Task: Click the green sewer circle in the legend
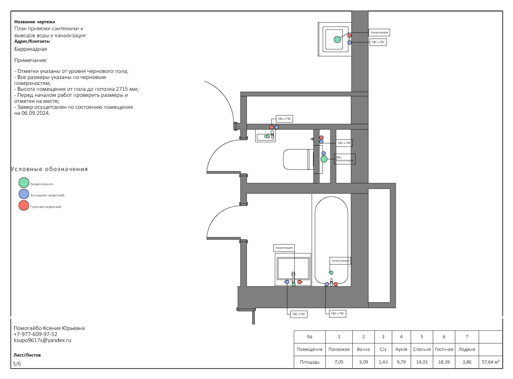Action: [24, 182]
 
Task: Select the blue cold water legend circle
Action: [24, 194]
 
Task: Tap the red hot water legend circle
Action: [24, 206]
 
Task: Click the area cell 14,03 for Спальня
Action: [422, 362]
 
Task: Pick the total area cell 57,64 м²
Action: [490, 362]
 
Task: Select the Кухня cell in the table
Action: [401, 350]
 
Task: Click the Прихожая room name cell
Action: [339, 350]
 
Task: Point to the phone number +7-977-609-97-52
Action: [35, 334]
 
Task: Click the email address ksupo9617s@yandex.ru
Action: [43, 340]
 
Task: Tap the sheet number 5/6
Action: [17, 364]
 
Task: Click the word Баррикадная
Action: [30, 49]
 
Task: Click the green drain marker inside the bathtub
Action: [331, 273]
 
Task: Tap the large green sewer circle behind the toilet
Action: [324, 159]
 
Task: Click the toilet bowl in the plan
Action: [296, 159]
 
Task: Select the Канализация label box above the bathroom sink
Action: [284, 248]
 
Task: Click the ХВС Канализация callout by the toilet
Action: [345, 159]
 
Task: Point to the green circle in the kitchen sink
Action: [337, 39]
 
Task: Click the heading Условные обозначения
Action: [49, 169]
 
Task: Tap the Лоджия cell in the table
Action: [467, 350]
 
